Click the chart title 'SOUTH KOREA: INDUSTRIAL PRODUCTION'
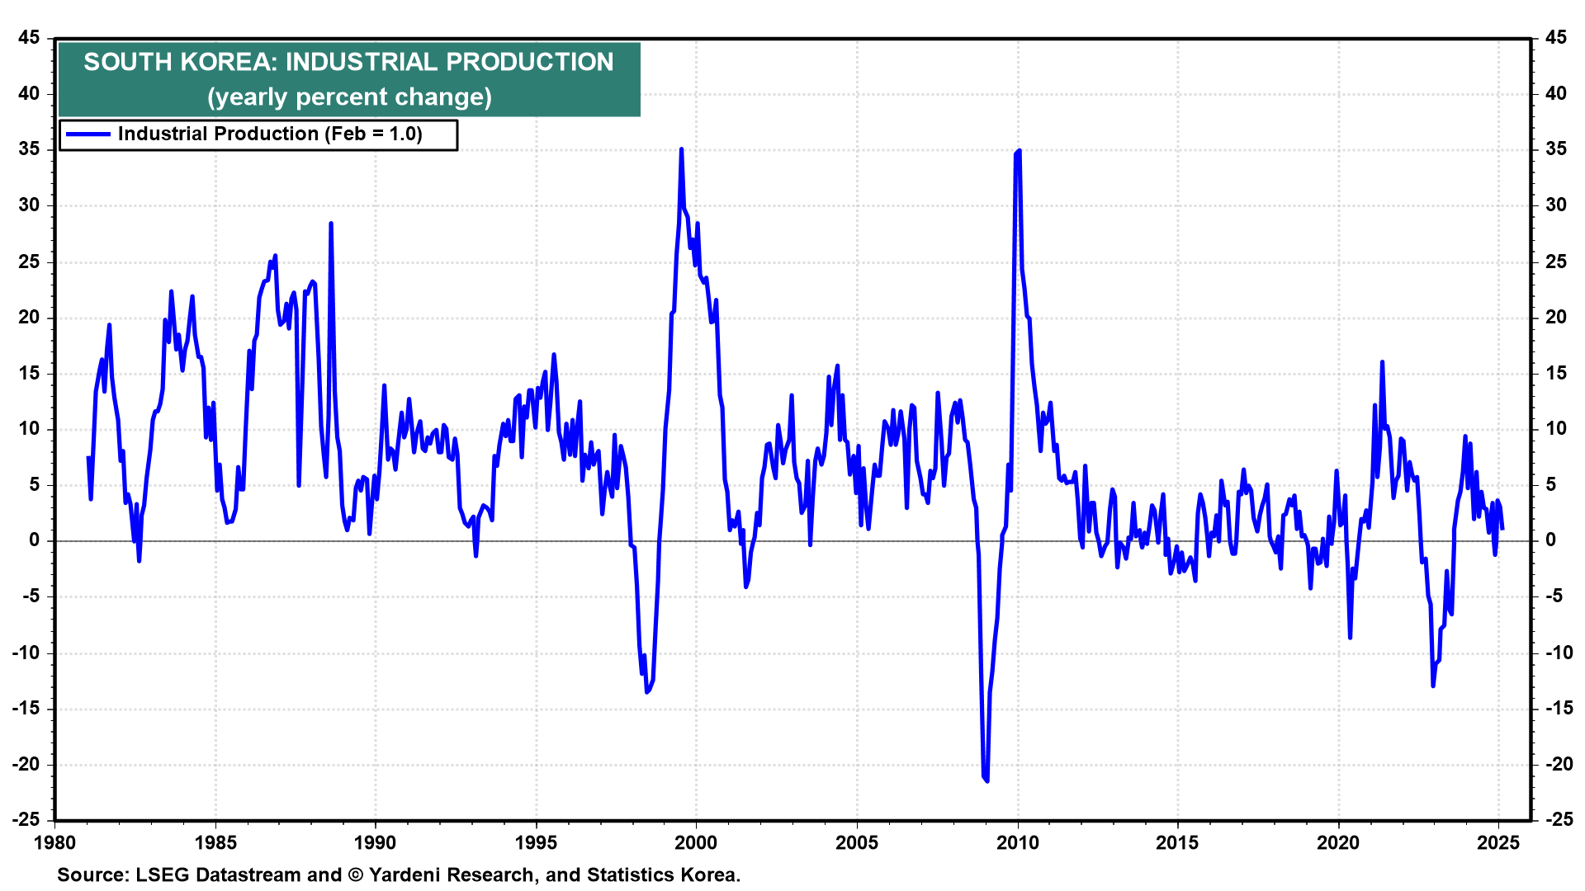[x=348, y=62]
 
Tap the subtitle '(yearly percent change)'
[x=349, y=97]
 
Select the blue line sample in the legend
[x=88, y=134]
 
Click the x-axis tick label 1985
[x=215, y=843]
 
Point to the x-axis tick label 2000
[x=696, y=843]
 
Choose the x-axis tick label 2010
[x=1017, y=843]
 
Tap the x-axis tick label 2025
[x=1497, y=843]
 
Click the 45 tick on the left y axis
[x=29, y=38]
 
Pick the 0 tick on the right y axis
[x=1550, y=540]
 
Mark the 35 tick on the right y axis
[x=1555, y=149]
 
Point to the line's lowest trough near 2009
[x=986, y=780]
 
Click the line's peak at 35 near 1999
[x=681, y=149]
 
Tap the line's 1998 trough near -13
[x=646, y=691]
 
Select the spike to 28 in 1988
[x=331, y=224]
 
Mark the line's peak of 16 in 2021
[x=1382, y=362]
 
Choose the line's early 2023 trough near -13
[x=1433, y=685]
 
